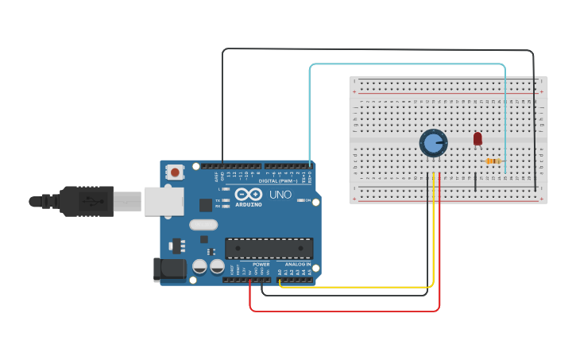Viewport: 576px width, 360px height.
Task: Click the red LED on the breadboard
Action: click(x=477, y=138)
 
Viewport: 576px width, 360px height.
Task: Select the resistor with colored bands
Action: click(x=493, y=161)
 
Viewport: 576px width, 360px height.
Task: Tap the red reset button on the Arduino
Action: click(x=175, y=171)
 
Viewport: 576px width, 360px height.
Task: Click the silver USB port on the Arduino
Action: click(x=164, y=201)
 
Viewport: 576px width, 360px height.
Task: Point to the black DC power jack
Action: click(x=169, y=269)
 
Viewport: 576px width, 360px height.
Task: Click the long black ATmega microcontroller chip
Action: click(x=269, y=248)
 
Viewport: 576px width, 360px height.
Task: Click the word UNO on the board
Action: click(x=280, y=195)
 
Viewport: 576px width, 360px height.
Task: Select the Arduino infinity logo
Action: click(x=248, y=195)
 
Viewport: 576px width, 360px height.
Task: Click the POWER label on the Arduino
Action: click(x=261, y=264)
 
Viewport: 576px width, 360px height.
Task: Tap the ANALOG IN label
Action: click(x=297, y=264)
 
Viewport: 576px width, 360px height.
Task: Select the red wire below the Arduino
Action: click(x=342, y=311)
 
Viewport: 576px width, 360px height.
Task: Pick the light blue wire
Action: click(x=405, y=64)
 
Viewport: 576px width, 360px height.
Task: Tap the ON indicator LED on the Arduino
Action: click(x=303, y=200)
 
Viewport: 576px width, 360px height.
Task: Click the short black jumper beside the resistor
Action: click(x=476, y=181)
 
